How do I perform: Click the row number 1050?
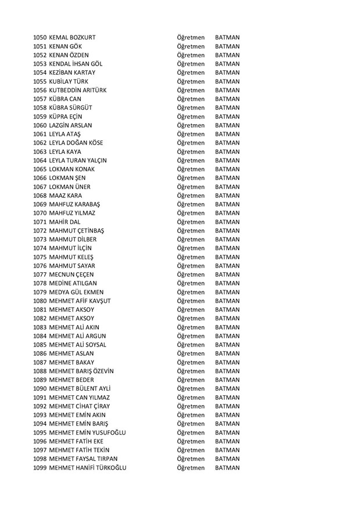click(40, 38)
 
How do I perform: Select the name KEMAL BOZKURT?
click(73, 38)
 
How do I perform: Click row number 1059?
click(40, 117)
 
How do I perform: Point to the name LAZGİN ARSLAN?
click(71, 125)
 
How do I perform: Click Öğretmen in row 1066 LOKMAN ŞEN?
click(191, 178)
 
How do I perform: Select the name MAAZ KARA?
click(66, 196)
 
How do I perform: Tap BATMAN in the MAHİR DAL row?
click(227, 222)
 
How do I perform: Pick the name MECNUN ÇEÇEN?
click(72, 274)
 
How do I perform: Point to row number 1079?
click(40, 292)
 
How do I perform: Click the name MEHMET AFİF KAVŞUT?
click(80, 301)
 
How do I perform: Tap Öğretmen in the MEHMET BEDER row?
click(191, 380)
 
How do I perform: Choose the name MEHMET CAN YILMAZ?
click(79, 397)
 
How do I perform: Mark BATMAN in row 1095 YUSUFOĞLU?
click(227, 432)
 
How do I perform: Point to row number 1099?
click(40, 467)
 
